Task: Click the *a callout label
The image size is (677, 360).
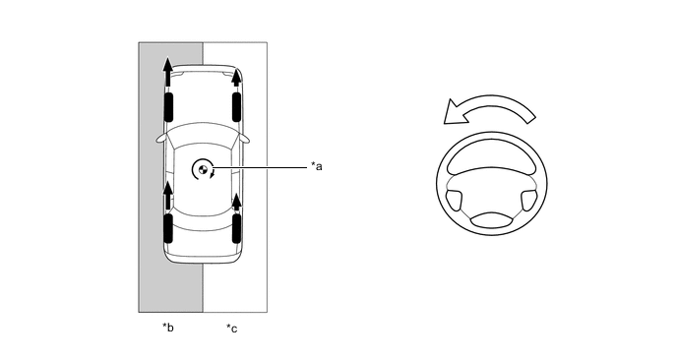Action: click(317, 166)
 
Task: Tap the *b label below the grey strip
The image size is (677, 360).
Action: click(168, 328)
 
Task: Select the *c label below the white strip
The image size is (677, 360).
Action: click(232, 329)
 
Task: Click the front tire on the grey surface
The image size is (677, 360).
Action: click(168, 106)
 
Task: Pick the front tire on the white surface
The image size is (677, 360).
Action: click(236, 106)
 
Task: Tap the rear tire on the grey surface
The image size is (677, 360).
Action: click(168, 228)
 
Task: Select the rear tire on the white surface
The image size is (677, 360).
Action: click(236, 228)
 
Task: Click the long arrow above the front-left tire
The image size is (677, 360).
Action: click(167, 74)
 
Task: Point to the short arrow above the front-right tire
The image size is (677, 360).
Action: click(236, 79)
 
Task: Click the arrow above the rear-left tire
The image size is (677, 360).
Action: click(167, 196)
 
